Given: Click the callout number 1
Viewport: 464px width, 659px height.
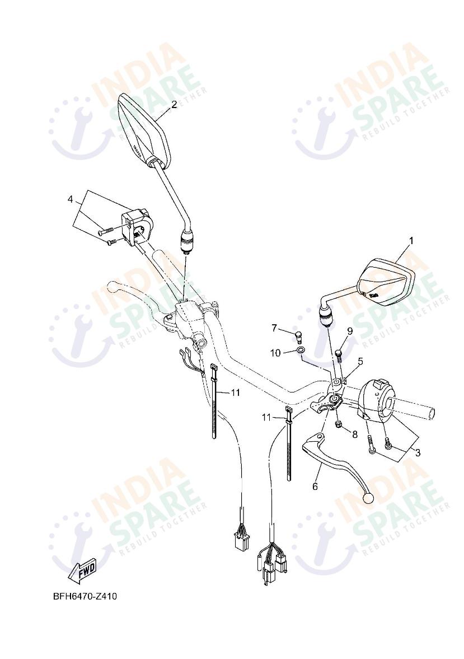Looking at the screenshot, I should pyautogui.click(x=411, y=241).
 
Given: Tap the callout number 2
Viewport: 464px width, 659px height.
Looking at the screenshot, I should pyautogui.click(x=174, y=104).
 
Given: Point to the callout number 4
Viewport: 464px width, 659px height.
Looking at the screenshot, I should pyautogui.click(x=71, y=199).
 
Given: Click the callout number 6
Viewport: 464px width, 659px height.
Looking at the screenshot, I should pyautogui.click(x=315, y=487).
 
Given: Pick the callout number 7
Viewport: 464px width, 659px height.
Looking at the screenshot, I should pyautogui.click(x=275, y=327).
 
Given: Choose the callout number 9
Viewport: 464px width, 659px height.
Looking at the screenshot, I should pyautogui.click(x=349, y=331).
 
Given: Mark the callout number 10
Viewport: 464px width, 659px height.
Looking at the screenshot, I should pyautogui.click(x=275, y=352).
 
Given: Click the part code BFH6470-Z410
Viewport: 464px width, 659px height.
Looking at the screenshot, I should pyautogui.click(x=85, y=596).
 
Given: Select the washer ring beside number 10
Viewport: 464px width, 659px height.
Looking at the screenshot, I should pyautogui.click(x=301, y=352).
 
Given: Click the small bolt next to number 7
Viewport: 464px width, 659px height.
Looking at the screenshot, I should pyautogui.click(x=298, y=336).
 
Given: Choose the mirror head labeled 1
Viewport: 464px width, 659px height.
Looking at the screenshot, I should pyautogui.click(x=386, y=281).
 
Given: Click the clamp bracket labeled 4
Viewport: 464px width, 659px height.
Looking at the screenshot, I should pyautogui.click(x=138, y=226).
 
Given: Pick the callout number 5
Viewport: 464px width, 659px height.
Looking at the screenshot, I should pyautogui.click(x=360, y=361).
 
